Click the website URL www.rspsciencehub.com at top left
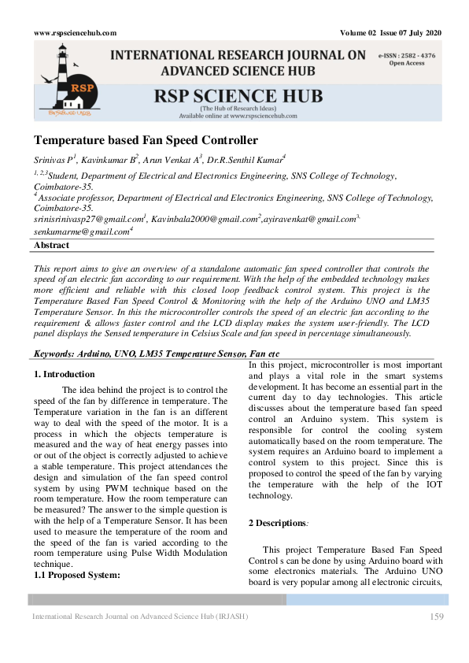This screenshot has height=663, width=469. pyautogui.click(x=76, y=32)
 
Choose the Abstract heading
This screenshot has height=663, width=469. pyautogui.click(x=52, y=246)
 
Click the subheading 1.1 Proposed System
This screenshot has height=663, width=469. pyautogui.click(x=76, y=574)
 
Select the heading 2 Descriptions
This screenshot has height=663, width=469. pyautogui.click(x=278, y=524)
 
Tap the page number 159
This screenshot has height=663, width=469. pyautogui.click(x=438, y=616)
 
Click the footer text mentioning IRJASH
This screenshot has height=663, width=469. pyautogui.click(x=139, y=616)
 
